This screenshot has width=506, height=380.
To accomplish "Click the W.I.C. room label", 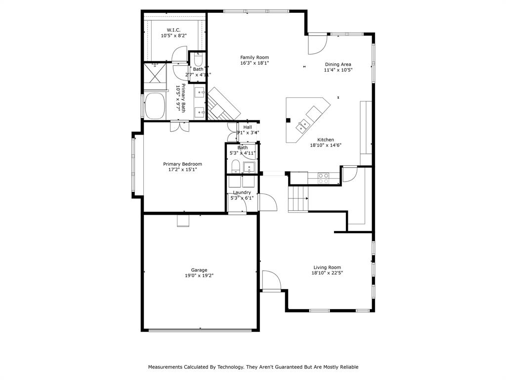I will (173, 30).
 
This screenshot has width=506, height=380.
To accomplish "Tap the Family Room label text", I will (254, 57).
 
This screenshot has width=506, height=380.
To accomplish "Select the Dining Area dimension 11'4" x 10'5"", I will (338, 70).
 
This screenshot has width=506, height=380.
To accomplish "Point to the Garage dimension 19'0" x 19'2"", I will (200, 276).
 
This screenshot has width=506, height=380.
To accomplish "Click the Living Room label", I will (327, 267).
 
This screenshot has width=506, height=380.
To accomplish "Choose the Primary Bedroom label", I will (182, 164).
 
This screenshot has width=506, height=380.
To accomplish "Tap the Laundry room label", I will (242, 192).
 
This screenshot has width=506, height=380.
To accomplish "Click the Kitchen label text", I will (326, 140).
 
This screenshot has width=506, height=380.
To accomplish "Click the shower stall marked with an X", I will (155, 75).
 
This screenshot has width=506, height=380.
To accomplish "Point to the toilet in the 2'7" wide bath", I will (198, 60).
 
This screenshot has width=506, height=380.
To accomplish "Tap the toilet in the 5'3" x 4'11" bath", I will (235, 165).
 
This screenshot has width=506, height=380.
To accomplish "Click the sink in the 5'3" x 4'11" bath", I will (249, 166).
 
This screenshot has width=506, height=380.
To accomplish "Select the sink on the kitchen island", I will (301, 127).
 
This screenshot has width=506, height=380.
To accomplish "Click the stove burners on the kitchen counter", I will (324, 178).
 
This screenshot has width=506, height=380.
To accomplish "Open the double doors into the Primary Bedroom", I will (179, 126).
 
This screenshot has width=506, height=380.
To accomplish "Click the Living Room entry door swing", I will (271, 280).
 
